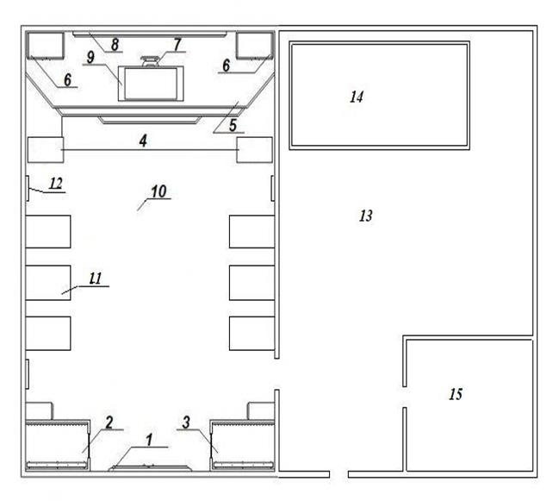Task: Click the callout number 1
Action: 150,440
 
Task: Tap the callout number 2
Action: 109,423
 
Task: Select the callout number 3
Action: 186,423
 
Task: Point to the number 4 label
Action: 143,141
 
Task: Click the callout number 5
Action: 233,125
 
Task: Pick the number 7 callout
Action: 177,45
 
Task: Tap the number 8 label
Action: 115,45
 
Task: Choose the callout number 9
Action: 90,57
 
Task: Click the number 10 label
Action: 158,191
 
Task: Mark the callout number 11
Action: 96,279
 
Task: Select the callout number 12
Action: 56,184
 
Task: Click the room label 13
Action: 366,216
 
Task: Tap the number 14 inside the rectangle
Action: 357,97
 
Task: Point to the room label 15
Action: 456,394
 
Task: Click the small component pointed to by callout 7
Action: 150,61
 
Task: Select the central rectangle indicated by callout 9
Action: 151,84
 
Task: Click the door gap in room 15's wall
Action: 405,397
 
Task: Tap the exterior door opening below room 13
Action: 339,474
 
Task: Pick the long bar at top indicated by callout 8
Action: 150,34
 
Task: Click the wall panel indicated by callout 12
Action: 28,189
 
